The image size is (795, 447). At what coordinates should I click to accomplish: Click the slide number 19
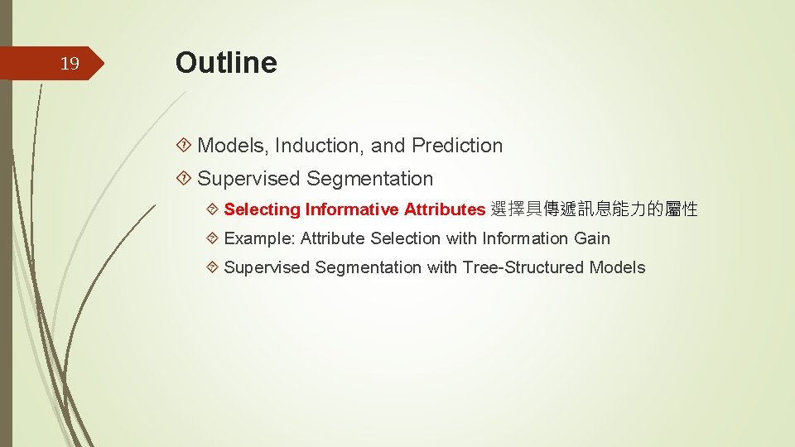pyautogui.click(x=70, y=65)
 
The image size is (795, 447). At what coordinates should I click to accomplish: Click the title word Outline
pyautogui.click(x=226, y=63)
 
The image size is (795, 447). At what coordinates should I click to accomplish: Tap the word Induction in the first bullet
pyautogui.click(x=320, y=146)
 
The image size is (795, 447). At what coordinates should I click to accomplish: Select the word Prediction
pyautogui.click(x=457, y=146)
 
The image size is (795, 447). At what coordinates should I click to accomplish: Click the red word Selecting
pyautogui.click(x=263, y=209)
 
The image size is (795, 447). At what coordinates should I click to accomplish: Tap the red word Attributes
pyautogui.click(x=444, y=209)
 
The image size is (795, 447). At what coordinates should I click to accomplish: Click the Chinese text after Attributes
pyautogui.click(x=594, y=209)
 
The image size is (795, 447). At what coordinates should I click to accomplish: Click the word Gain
pyautogui.click(x=592, y=238)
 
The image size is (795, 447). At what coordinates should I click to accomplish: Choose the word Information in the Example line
pyautogui.click(x=526, y=238)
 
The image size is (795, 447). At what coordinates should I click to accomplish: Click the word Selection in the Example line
pyautogui.click(x=406, y=238)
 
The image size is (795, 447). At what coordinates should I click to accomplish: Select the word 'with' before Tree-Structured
pyautogui.click(x=442, y=267)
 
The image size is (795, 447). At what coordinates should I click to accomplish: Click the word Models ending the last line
pyautogui.click(x=617, y=267)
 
